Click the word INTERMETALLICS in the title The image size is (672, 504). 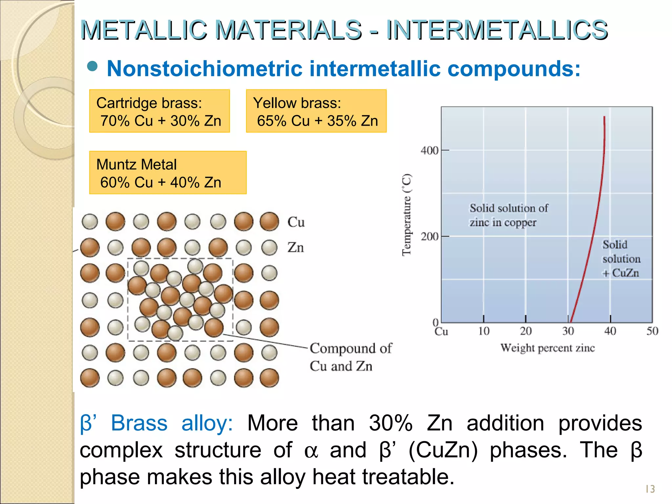click(497, 30)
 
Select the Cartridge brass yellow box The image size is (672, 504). click(159, 111)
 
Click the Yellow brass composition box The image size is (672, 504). click(316, 111)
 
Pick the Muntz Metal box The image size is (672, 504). click(168, 173)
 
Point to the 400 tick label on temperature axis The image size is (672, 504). click(429, 151)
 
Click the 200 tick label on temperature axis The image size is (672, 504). click(429, 236)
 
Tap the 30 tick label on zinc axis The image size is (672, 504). click(568, 331)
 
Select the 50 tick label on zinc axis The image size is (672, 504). click(652, 331)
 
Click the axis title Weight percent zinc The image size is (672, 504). click(547, 348)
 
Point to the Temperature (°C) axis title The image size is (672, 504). click(407, 215)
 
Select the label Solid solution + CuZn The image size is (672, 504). click(621, 259)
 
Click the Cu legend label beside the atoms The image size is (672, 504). click(296, 222)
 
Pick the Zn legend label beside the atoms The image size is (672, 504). click(296, 247)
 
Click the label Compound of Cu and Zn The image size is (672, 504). click(350, 357)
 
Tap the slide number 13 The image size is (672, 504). click(650, 489)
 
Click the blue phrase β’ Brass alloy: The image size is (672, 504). click(156, 423)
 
